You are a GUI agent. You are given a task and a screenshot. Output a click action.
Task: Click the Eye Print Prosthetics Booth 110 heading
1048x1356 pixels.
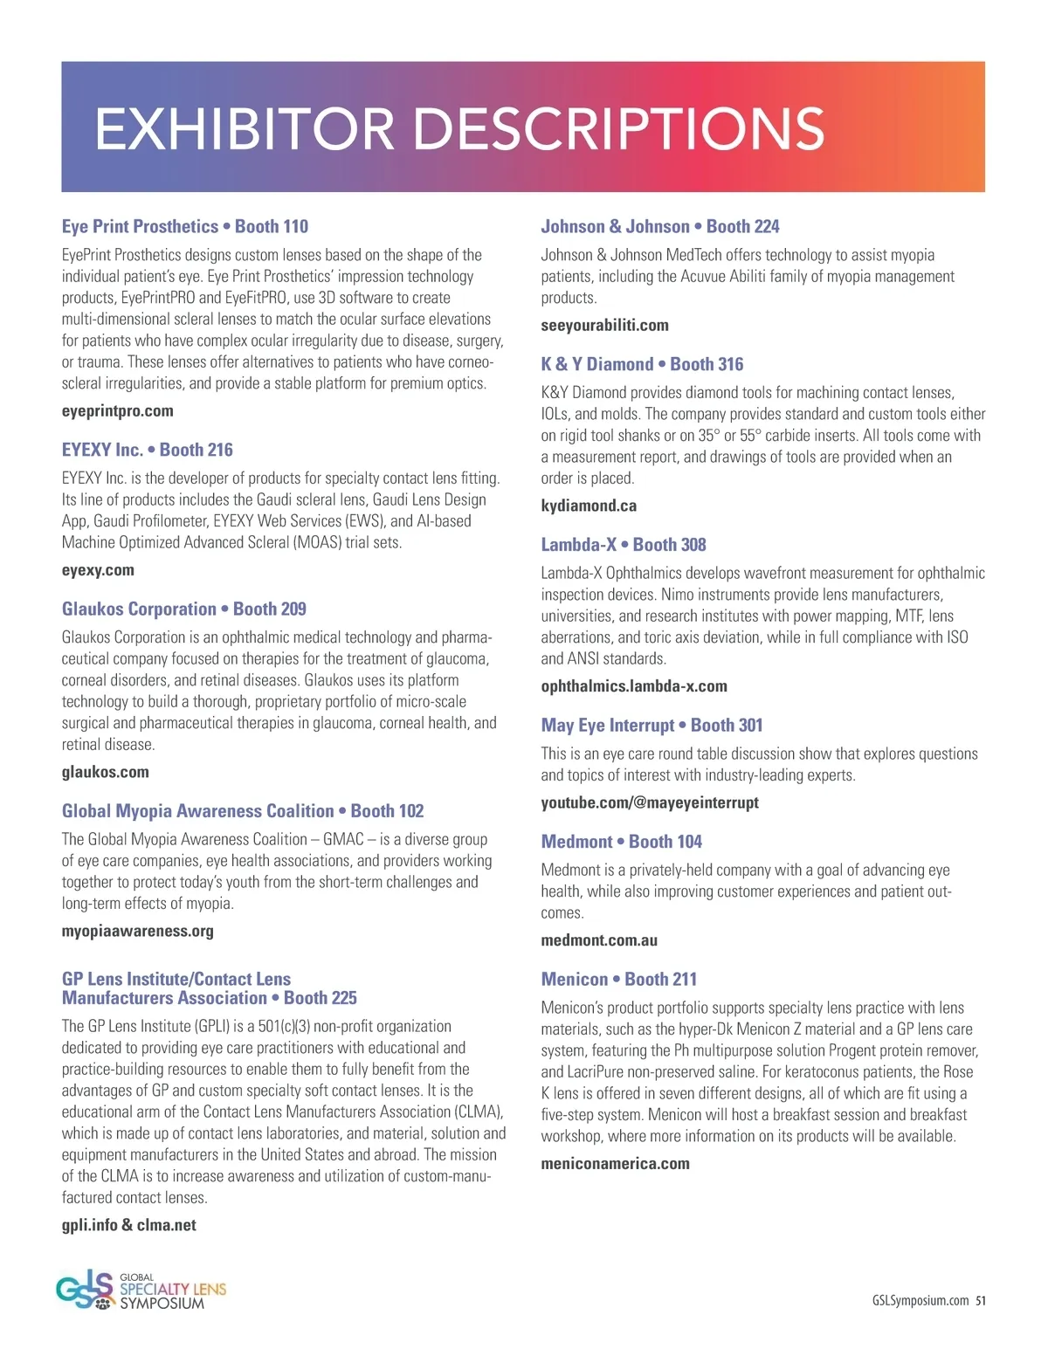(x=185, y=226)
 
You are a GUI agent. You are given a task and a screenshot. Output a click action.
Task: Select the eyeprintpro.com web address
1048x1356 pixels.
(x=118, y=411)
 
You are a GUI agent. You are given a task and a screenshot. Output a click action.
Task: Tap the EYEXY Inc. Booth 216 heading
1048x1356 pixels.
(x=148, y=450)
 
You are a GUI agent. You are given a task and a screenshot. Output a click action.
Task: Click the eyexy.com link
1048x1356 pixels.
(x=98, y=570)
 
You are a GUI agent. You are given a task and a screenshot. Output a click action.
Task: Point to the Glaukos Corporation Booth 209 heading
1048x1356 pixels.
(x=184, y=609)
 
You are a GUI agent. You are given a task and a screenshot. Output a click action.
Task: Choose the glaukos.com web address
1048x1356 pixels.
(x=106, y=772)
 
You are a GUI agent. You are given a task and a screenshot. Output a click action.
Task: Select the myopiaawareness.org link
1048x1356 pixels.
(x=138, y=931)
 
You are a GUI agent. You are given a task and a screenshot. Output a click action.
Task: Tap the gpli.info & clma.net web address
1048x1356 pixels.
(x=129, y=1225)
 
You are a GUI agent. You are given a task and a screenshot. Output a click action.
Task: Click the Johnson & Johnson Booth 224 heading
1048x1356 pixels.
(x=660, y=226)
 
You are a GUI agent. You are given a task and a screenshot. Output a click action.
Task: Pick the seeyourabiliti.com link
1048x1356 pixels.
(x=605, y=326)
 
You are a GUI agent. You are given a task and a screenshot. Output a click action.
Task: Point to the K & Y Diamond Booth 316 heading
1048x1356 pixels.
(x=643, y=364)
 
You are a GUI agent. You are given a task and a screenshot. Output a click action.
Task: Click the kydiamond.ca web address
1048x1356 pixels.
(x=589, y=506)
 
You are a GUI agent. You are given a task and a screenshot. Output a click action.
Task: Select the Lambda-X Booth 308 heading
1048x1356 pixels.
(x=624, y=544)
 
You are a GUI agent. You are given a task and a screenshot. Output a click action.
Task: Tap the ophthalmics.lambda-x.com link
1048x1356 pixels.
(x=634, y=686)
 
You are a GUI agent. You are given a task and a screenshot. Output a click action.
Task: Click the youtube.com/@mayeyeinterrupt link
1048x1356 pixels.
(x=650, y=802)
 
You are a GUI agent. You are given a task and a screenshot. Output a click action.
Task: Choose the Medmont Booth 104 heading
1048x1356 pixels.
(x=622, y=841)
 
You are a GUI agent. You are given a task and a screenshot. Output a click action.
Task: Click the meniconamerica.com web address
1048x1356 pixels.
(x=616, y=1164)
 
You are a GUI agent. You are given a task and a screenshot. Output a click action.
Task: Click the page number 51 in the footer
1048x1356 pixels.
(x=981, y=1300)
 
